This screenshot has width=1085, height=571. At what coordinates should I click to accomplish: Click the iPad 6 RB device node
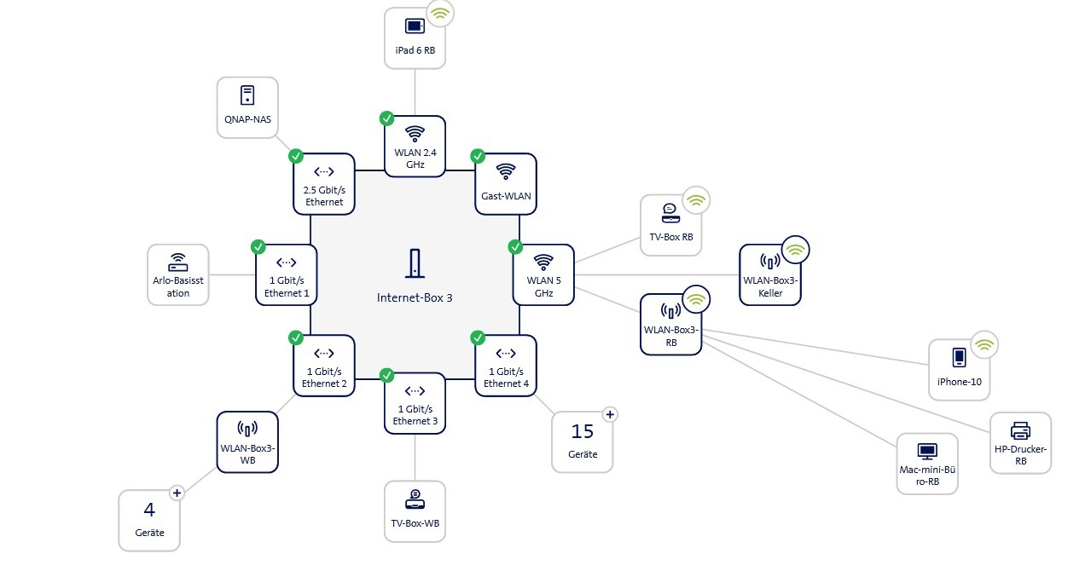pos(415,37)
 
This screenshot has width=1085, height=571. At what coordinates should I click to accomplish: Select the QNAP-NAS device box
pos(247,107)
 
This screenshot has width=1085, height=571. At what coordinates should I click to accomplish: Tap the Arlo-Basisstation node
pos(178,274)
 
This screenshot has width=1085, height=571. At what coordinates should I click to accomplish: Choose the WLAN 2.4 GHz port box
pos(415,146)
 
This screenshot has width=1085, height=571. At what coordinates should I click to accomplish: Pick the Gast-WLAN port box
pos(506,183)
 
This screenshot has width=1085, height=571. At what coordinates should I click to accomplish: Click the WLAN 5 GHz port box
pos(543,274)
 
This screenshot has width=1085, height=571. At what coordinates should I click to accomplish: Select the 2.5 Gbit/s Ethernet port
pos(324,183)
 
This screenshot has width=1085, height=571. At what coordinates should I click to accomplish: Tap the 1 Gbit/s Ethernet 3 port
pos(415,403)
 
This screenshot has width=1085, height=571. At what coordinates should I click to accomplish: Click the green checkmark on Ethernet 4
pos(478,337)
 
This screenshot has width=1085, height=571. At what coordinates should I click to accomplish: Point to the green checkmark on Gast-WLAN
pos(478,156)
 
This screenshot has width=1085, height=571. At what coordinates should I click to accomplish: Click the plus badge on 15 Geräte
pos(609,414)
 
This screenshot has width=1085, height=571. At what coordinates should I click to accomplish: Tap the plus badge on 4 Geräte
pos(177,492)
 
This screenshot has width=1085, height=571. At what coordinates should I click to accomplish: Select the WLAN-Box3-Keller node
pos(770,274)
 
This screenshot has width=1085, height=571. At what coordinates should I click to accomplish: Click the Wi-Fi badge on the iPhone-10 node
pos(984,345)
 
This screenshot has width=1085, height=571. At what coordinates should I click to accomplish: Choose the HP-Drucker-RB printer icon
pos(1020,430)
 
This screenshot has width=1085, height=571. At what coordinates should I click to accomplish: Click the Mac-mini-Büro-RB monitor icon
pos(927,451)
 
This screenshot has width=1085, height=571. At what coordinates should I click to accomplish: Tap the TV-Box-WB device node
pos(415,511)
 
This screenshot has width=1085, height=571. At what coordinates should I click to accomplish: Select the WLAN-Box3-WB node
pos(247,441)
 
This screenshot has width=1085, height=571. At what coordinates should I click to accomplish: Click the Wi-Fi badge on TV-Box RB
pos(696,201)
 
